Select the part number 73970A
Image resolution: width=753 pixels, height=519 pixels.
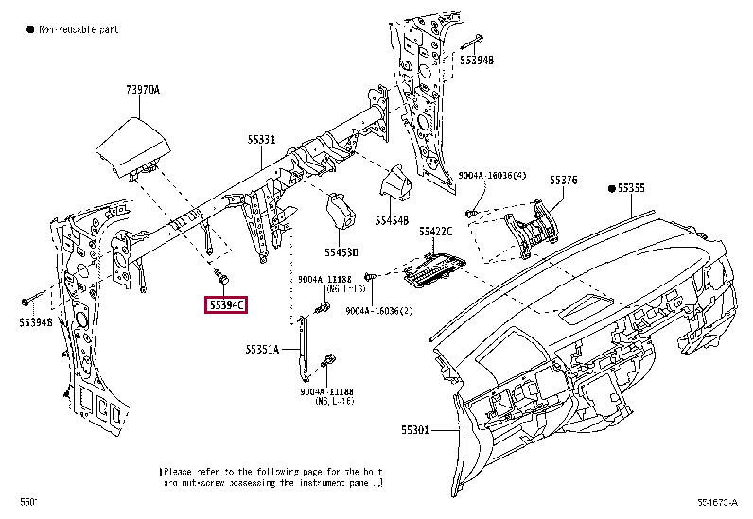(143, 90)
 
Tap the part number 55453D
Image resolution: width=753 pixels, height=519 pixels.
(341, 252)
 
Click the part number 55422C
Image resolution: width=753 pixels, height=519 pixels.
(436, 231)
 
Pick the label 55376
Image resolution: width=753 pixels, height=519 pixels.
(564, 180)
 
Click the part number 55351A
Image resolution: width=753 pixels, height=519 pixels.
(262, 349)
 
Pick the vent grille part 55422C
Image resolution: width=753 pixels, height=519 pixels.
(434, 268)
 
